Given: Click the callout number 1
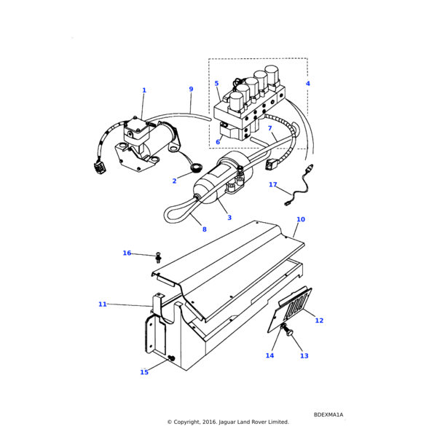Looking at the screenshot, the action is click(144, 90).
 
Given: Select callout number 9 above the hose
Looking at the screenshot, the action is click(191, 89).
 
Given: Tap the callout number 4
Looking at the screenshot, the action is click(307, 83).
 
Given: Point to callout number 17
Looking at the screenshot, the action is click(273, 184).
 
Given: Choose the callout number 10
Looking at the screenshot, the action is click(301, 219).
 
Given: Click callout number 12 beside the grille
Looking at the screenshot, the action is click(319, 320).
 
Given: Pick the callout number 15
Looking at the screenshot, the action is click(144, 372).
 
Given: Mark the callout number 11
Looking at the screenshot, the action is click(103, 304).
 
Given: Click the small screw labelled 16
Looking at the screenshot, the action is click(159, 258).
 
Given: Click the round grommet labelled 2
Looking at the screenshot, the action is click(196, 168).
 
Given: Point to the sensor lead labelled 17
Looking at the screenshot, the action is click(298, 184).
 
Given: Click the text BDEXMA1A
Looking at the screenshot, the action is click(328, 414).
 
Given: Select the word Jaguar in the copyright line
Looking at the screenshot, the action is click(227, 422).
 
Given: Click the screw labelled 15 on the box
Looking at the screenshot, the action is click(172, 358).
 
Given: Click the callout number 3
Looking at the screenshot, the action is click(229, 218).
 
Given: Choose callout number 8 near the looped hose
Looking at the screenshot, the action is click(204, 229).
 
